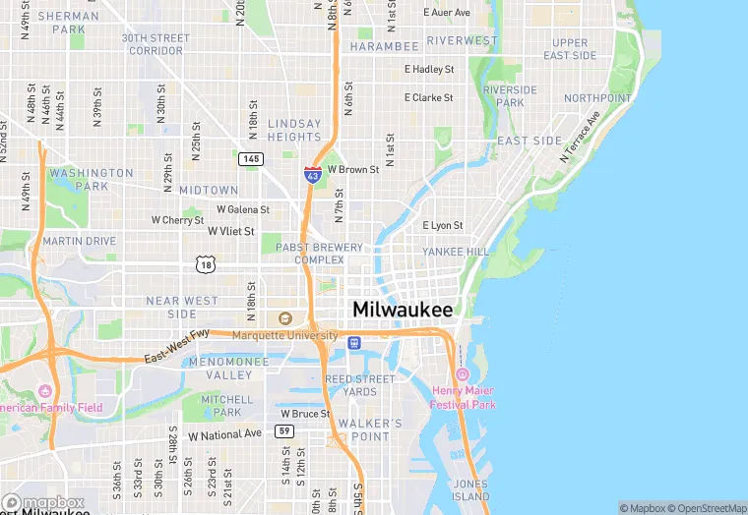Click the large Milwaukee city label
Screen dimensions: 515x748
(403, 309)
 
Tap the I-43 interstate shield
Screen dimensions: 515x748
(313, 175)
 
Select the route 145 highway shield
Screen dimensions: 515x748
(250, 159)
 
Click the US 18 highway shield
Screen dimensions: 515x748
(205, 264)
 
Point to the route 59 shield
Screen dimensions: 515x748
(284, 430)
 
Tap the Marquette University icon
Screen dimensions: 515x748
(285, 318)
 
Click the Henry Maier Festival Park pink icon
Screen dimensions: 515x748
(463, 374)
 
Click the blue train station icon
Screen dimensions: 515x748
(354, 342)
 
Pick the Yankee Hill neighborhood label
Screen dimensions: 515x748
(456, 252)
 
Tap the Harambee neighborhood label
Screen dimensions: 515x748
(384, 46)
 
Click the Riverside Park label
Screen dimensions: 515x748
(510, 95)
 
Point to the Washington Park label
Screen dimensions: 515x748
(92, 179)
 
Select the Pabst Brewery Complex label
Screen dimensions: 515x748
(319, 254)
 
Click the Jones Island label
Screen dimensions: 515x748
(470, 490)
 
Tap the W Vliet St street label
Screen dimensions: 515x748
(230, 231)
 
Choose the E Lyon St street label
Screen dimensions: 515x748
(442, 225)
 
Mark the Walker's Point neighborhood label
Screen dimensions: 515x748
(370, 429)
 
